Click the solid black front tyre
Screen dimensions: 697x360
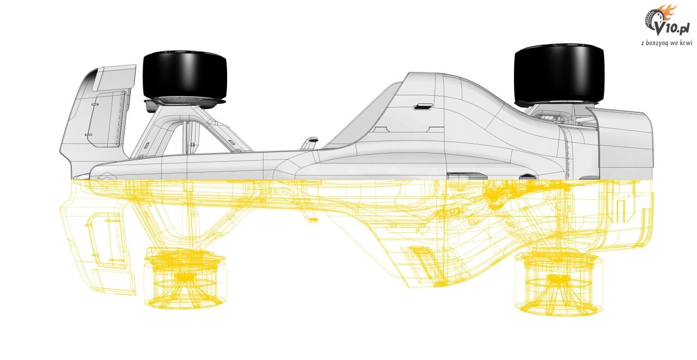[x=185, y=75]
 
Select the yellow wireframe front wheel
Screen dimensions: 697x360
[x=185, y=278]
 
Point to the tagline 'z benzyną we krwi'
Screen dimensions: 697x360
[x=667, y=43]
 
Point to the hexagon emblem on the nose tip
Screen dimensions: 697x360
[x=108, y=176]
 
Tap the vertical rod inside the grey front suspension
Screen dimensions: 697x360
[x=188, y=137]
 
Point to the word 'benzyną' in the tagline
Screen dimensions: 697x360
[x=657, y=43]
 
